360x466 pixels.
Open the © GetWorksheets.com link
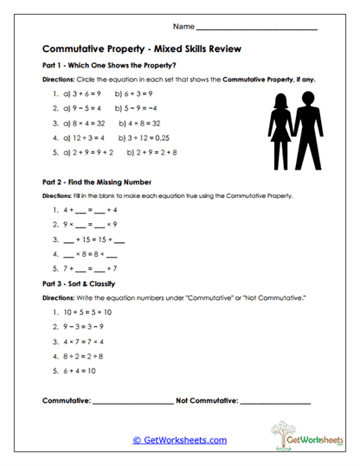(180, 440)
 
